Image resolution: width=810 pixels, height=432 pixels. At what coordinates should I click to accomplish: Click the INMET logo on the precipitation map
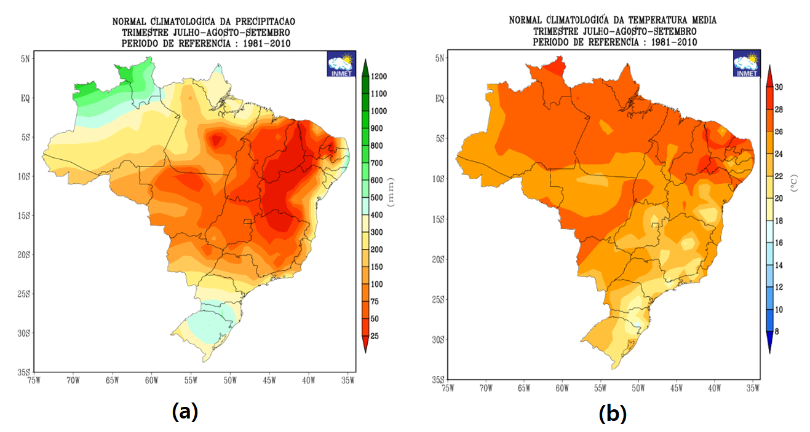click(340, 64)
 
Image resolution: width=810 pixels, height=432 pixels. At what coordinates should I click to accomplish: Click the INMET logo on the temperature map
click(746, 64)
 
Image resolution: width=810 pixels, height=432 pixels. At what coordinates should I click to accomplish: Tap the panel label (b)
click(613, 414)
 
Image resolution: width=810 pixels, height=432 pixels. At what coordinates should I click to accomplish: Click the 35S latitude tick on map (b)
click(437, 380)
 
